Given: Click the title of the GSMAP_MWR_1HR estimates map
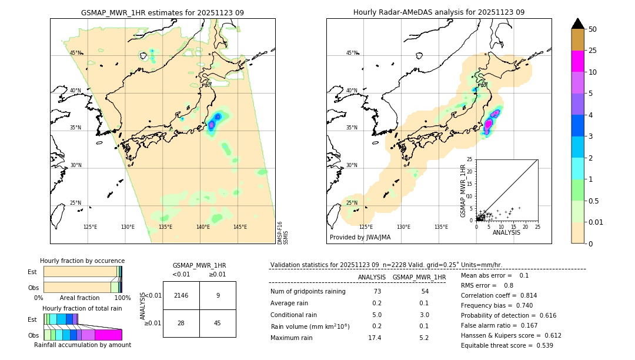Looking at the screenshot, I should pyautogui.click(x=162, y=12).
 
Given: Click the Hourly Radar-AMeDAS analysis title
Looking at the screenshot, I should pyautogui.click(x=439, y=12).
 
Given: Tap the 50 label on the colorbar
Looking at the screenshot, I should pyautogui.click(x=593, y=29).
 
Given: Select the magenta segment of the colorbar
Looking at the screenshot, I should pyautogui.click(x=577, y=61).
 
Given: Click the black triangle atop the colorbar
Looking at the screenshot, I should pyautogui.click(x=577, y=24).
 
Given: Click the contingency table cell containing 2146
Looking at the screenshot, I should pyautogui.click(x=181, y=295).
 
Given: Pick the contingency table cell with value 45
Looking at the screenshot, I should pyautogui.click(x=218, y=323).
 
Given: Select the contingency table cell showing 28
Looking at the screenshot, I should pyautogui.click(x=181, y=323).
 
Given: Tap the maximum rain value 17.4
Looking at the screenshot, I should pyautogui.click(x=374, y=338).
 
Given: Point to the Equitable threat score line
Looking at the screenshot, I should pyautogui.click(x=507, y=345).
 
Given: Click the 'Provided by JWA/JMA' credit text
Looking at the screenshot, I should pyautogui.click(x=360, y=238).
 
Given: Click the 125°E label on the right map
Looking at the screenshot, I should pyautogui.click(x=366, y=227).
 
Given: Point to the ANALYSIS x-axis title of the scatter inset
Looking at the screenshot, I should pyautogui.click(x=506, y=232).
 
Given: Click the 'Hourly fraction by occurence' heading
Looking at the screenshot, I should pyautogui.click(x=82, y=261).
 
